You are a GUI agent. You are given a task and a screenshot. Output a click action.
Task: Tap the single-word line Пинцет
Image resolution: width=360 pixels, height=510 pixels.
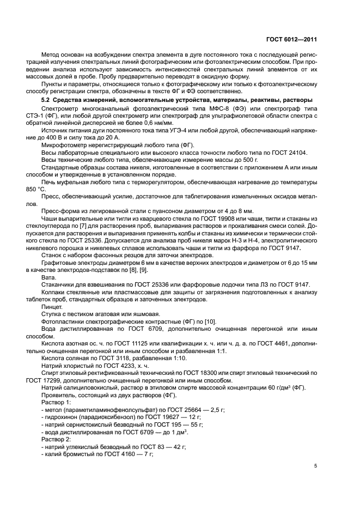coord(51,307)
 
